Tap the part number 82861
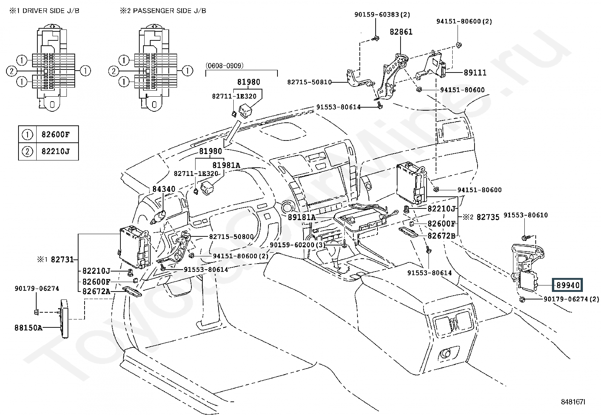point(401,32)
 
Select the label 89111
point(475,73)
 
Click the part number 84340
point(164,189)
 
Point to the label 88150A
point(28,328)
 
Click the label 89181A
point(302,217)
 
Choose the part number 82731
point(62,259)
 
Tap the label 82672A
point(96,291)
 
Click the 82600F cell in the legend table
point(55,134)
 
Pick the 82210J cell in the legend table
point(55,151)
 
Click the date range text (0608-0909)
point(225,65)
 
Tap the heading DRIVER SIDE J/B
point(51,11)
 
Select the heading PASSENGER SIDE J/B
point(170,11)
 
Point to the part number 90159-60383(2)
point(382,14)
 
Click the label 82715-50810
point(310,82)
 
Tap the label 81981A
point(226,165)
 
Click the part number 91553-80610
point(525,215)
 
